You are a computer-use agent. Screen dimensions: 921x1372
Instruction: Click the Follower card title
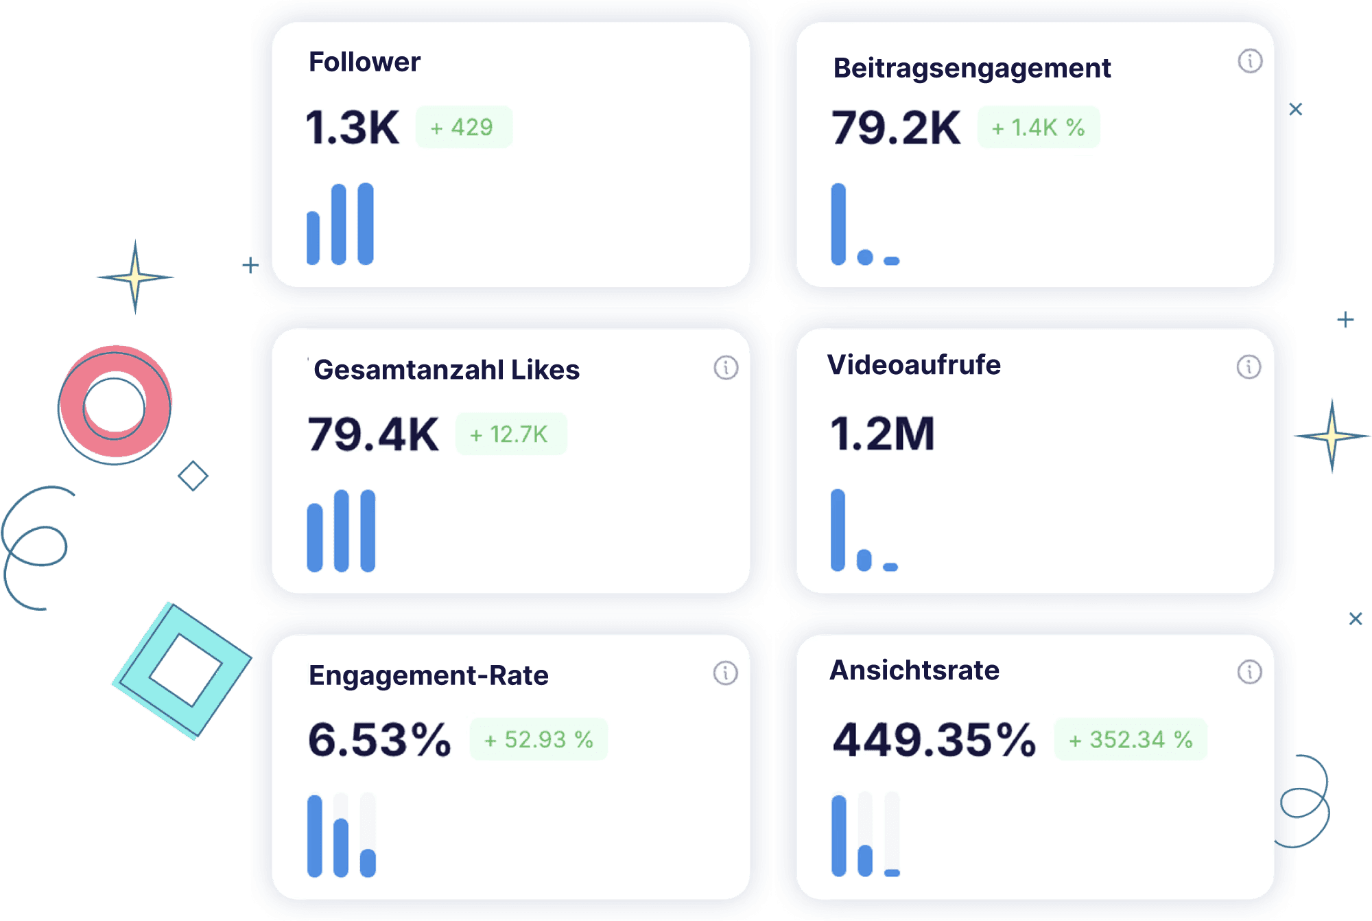coord(364,62)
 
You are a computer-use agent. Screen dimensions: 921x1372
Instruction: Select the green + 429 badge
coord(464,127)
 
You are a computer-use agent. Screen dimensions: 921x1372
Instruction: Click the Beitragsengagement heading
coord(971,68)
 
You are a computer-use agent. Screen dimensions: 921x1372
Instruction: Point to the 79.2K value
coord(896,128)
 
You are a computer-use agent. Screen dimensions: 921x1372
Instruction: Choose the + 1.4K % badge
coord(1038,127)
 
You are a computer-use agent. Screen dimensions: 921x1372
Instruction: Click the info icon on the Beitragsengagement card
coord(1250,61)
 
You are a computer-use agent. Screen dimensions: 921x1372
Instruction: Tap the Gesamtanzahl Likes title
coord(447,370)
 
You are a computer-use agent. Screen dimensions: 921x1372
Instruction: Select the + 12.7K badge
coord(511,434)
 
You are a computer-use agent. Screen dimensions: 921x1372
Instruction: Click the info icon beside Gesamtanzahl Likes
coord(726,368)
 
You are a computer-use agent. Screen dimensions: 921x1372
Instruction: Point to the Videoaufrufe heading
coord(914,364)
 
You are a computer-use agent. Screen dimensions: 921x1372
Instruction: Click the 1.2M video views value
coord(882,434)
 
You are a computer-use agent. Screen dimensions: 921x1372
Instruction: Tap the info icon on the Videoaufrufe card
coord(1249,366)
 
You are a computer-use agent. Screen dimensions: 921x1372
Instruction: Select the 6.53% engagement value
coord(379,740)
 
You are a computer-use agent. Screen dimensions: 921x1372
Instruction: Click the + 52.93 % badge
coord(539,739)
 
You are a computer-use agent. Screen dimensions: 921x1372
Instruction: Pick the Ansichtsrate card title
coord(914,670)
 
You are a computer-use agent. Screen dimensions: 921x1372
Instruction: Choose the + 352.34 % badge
coord(1131,739)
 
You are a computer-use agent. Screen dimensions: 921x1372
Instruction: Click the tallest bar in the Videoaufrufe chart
coord(838,530)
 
